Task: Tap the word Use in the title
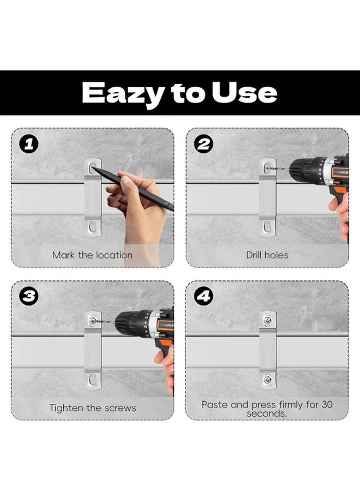pos(244,92)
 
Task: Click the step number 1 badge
pos(29,145)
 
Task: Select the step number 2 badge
pos(204,145)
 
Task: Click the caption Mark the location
pos(92,255)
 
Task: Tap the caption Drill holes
pos(267,255)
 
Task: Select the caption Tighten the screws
pos(93,408)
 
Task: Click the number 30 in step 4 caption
pos(327,404)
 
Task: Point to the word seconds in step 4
pos(267,414)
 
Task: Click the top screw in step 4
pos(267,320)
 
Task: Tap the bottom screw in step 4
pos(267,380)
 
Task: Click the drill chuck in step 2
pos(302,170)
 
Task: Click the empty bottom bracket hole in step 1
pos(92,226)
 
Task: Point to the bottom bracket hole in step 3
pos(92,379)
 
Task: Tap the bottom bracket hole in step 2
pos(267,226)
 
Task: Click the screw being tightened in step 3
pos(92,321)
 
